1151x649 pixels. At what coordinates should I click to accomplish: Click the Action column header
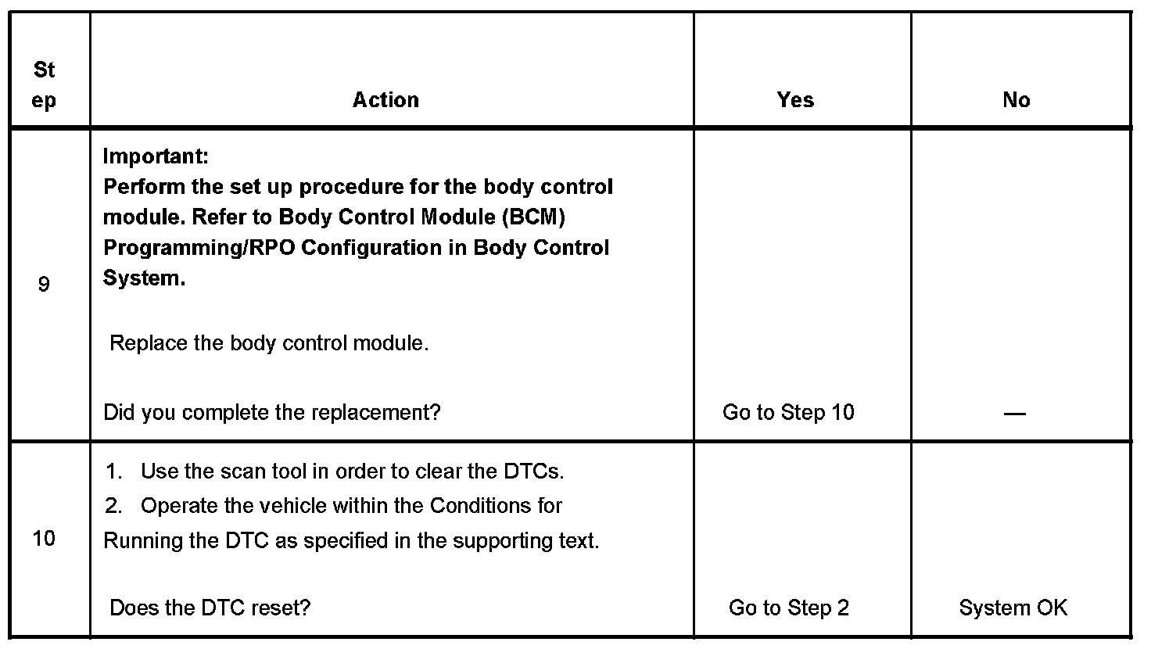coord(385,100)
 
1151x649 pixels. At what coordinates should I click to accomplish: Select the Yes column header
coord(795,100)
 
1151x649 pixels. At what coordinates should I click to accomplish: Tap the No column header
coord(1016,100)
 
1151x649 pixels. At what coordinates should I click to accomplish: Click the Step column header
coord(45,85)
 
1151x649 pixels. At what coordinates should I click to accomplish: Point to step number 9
coord(44,284)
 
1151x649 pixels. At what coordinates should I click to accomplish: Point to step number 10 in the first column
coord(44,539)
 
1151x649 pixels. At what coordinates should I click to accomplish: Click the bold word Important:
coord(156,156)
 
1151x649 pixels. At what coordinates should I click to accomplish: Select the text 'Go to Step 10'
coord(788,412)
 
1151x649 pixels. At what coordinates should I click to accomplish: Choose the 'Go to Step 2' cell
coord(788,608)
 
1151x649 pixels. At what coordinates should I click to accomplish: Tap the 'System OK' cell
coord(1013,608)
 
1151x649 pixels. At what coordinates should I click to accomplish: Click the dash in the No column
coord(1014,413)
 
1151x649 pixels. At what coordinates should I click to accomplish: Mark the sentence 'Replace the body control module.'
coord(269,343)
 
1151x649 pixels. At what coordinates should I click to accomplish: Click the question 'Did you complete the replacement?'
coord(272,412)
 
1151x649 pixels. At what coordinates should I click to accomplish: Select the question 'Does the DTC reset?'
coord(210,608)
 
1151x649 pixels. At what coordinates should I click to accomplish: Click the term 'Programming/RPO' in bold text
coord(199,248)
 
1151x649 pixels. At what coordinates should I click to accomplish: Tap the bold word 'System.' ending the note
coord(144,279)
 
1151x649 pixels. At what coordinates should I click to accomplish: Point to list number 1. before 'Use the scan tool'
coord(114,472)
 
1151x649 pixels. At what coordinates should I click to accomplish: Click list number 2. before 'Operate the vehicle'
coord(114,506)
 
